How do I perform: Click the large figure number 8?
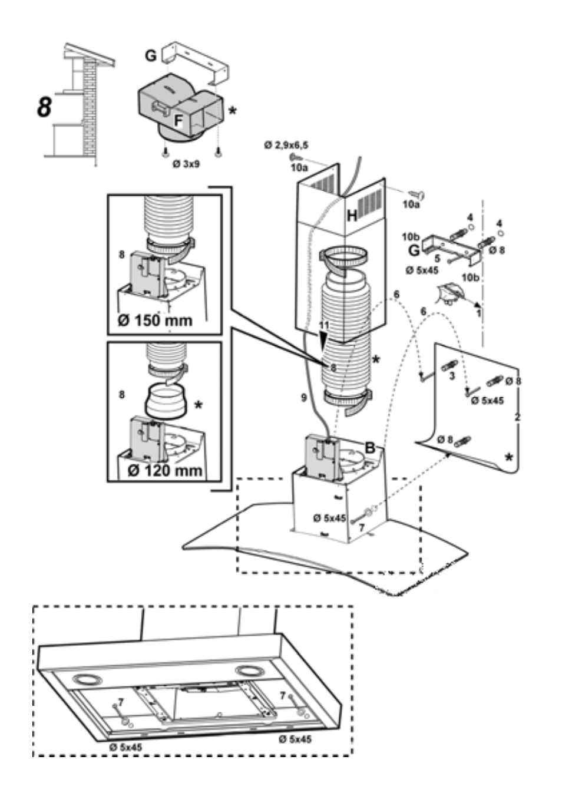coord(45,107)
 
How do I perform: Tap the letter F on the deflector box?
coord(178,121)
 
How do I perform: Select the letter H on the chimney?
coord(352,216)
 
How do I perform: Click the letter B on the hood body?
coord(370,448)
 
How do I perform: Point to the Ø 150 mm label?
coord(156,321)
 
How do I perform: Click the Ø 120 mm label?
coord(164,471)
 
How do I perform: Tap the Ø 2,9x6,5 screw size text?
coord(286,145)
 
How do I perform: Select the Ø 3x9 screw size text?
coord(186,165)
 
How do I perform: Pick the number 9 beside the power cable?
coord(303,398)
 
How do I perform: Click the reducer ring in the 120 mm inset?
coord(166,402)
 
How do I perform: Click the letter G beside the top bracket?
coord(151,56)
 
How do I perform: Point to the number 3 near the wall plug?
coord(452,376)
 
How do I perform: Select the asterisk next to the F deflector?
coord(233,111)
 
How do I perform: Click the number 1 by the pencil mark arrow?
coord(479,313)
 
